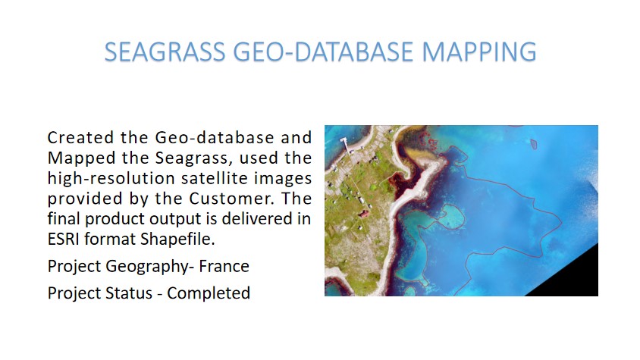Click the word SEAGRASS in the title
click(x=165, y=52)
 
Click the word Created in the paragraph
click(x=80, y=137)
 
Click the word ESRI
click(x=63, y=239)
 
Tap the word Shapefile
click(x=177, y=239)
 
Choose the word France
click(x=224, y=267)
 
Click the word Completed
click(x=209, y=293)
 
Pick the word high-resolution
click(x=111, y=179)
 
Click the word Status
click(x=129, y=293)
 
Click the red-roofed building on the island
click(x=363, y=213)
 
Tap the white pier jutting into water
click(x=345, y=145)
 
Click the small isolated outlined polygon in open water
click(x=534, y=144)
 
